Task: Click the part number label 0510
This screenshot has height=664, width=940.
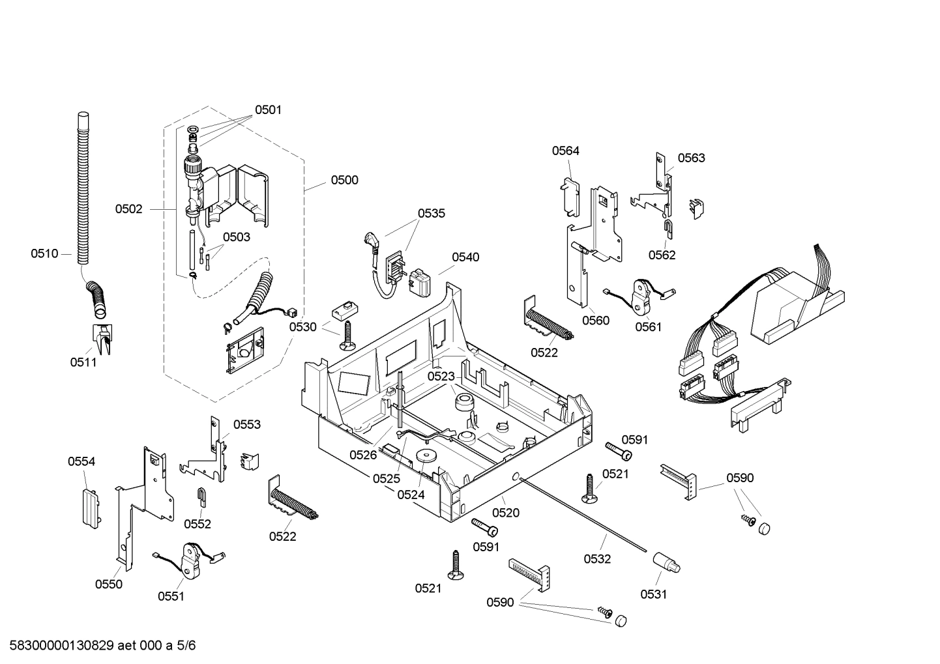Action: pyautogui.click(x=44, y=253)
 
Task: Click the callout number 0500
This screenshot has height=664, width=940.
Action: pyautogui.click(x=344, y=180)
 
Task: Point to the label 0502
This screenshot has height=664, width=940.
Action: pyautogui.click(x=128, y=209)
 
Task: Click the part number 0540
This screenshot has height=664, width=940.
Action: pyautogui.click(x=465, y=257)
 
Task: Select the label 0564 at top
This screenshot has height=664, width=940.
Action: pyautogui.click(x=565, y=151)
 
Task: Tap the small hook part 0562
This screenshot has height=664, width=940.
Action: pyautogui.click(x=669, y=228)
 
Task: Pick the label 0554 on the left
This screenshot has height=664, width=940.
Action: pyautogui.click(x=81, y=461)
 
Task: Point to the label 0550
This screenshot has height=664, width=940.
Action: pyautogui.click(x=109, y=584)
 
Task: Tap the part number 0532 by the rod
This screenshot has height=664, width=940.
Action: pyautogui.click(x=597, y=558)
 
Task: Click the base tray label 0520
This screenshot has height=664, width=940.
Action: pyautogui.click(x=506, y=512)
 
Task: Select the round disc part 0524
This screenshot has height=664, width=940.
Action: pyautogui.click(x=426, y=457)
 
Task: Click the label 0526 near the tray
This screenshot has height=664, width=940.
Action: pyautogui.click(x=363, y=455)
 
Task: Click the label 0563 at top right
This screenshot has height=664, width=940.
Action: pyautogui.click(x=691, y=158)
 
